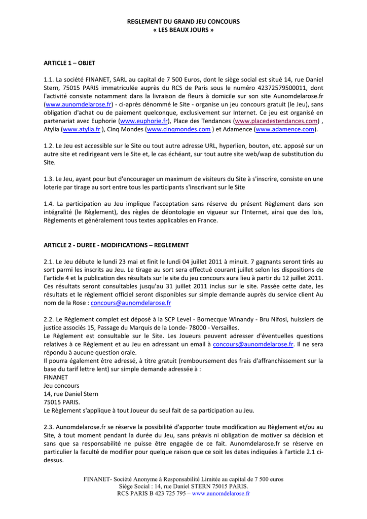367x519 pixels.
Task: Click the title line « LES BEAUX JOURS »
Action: [x=183, y=30]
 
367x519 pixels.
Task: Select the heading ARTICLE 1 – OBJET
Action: [x=69, y=63]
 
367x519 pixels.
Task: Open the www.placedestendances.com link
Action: [x=277, y=121]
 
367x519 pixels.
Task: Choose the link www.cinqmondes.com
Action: [x=178, y=129]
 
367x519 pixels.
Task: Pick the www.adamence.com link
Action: [x=285, y=129]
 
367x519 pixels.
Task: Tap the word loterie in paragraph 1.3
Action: [x=54, y=187]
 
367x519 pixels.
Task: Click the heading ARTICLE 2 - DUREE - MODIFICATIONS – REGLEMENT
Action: [x=116, y=245]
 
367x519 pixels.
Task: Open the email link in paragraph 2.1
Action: [x=131, y=303]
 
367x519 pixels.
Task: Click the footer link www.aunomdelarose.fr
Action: [x=221, y=493]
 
